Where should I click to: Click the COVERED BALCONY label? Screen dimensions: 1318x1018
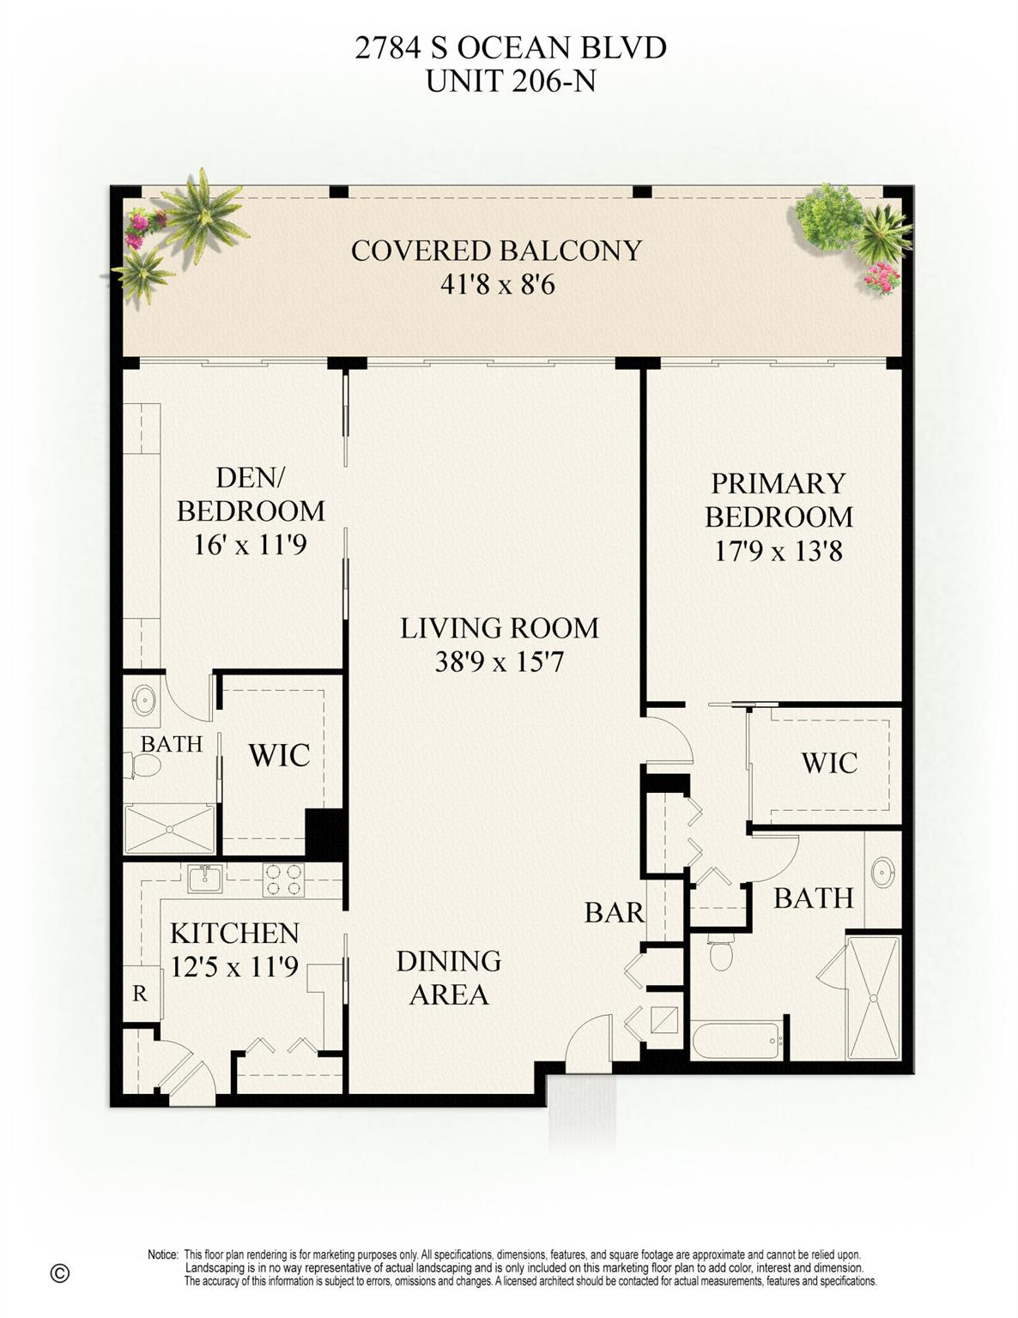496,251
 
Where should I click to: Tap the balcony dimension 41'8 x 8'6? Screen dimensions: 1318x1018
497,284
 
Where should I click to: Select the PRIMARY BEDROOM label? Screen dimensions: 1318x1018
778,499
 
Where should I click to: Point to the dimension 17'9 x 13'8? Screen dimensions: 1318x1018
778,550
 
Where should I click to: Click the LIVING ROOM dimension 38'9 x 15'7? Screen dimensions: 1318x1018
499,662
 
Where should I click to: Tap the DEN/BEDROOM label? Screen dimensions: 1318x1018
251,493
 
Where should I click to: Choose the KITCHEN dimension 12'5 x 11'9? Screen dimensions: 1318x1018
233,967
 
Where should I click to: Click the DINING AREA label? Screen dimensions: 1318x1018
448,977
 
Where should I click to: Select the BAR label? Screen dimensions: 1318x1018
614,912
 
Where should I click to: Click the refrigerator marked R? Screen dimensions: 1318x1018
140,994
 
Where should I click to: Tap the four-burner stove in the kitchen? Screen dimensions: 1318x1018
283,880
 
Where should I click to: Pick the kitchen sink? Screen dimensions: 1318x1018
205,879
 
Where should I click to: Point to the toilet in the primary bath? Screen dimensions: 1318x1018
721,952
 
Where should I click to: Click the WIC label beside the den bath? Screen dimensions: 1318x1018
279,755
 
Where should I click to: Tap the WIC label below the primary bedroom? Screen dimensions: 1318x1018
828,762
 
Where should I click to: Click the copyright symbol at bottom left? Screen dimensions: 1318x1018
59,1273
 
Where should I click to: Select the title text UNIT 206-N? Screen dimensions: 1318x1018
510,81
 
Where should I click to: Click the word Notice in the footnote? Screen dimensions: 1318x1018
162,1255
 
